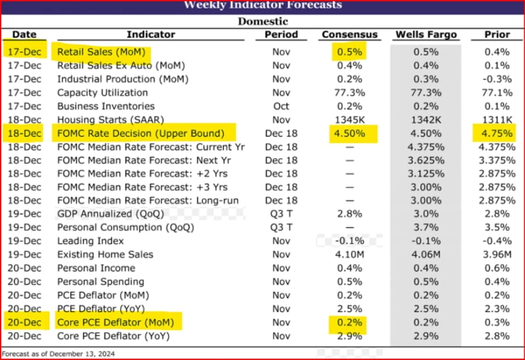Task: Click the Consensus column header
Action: (x=350, y=34)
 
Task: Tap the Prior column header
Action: (x=497, y=34)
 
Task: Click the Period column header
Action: (x=281, y=34)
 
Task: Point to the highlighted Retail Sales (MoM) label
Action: (x=102, y=52)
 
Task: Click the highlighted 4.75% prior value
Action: (x=497, y=133)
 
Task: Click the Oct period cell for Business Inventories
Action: (x=281, y=106)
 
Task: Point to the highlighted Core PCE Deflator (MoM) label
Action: (x=118, y=323)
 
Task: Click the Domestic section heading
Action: (x=262, y=20)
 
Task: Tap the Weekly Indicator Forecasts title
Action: (x=262, y=5)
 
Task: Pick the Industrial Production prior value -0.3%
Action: (x=497, y=79)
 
